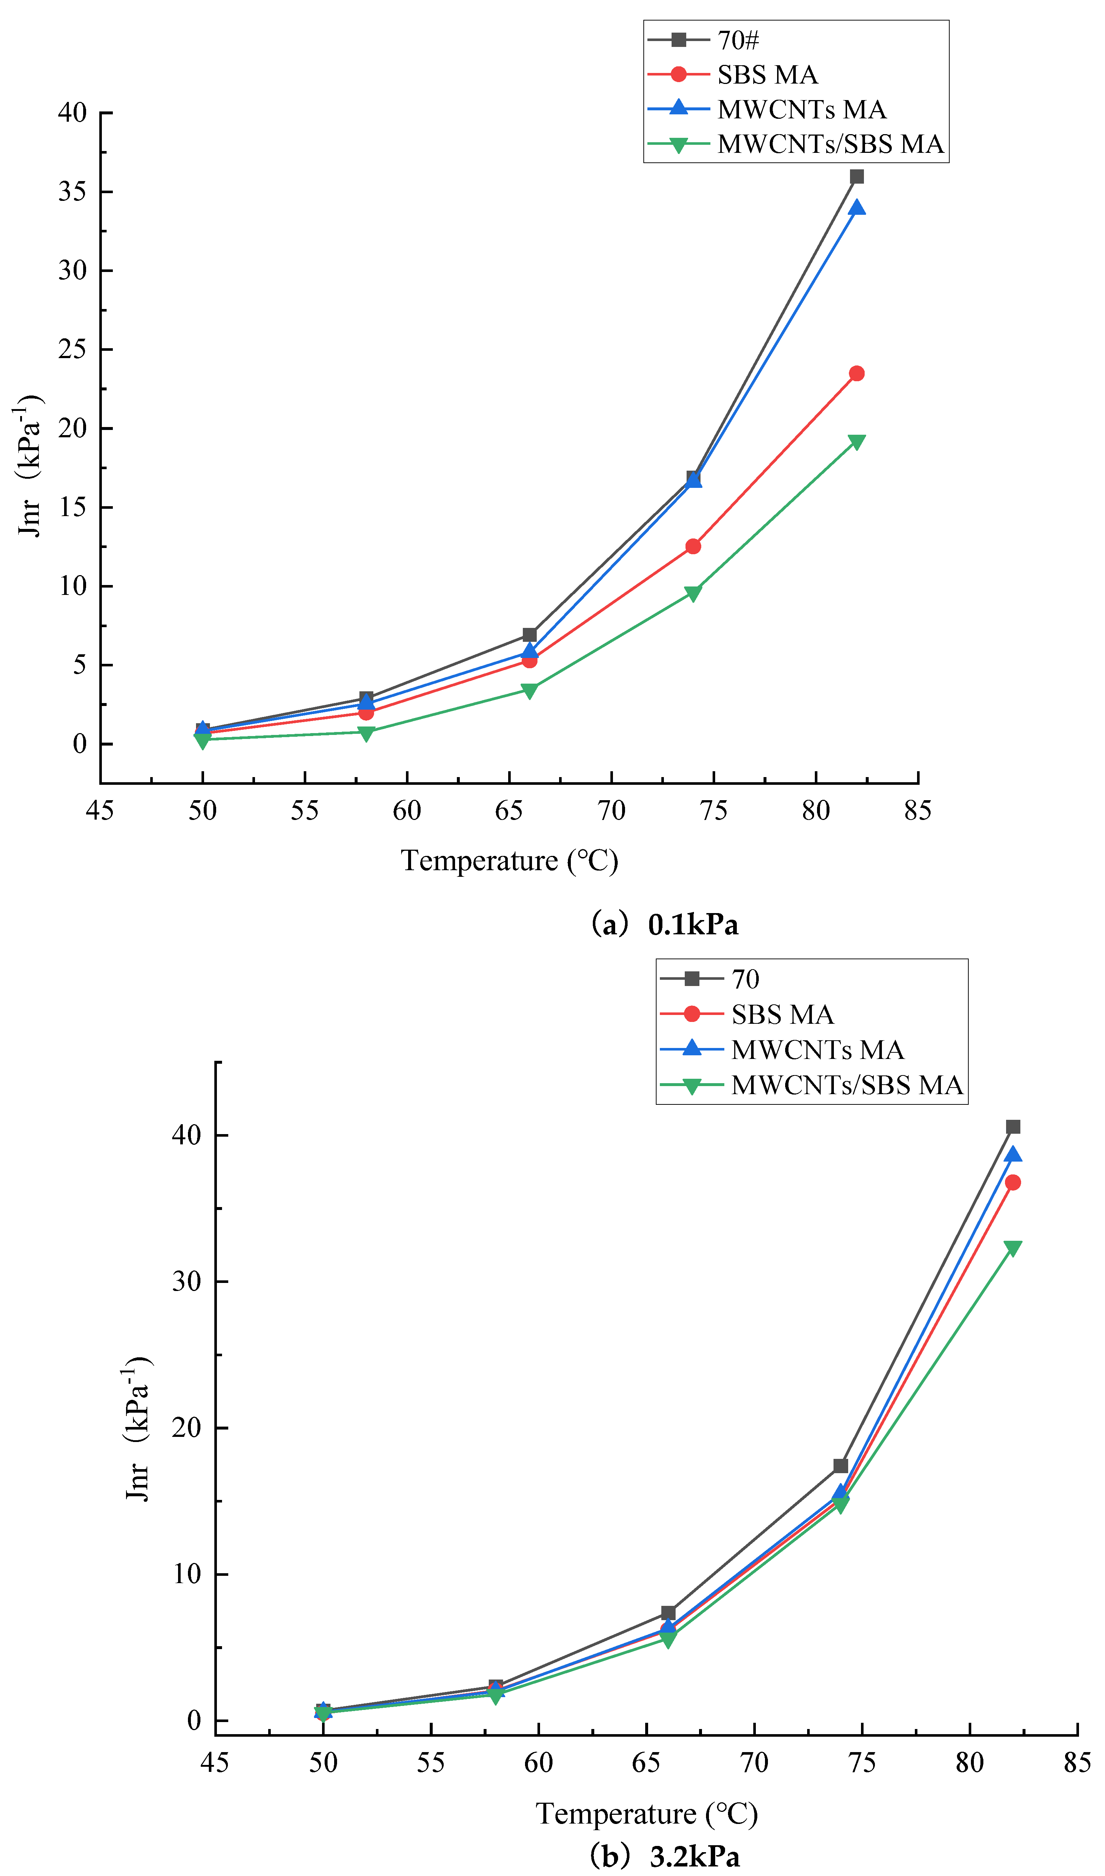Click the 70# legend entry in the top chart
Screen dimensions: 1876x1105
737,40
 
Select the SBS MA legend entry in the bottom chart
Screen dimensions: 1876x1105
782,1014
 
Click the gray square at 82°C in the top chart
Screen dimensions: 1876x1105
856,177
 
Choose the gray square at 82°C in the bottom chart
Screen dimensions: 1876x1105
1013,1127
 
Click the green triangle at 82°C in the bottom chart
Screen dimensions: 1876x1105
1013,1248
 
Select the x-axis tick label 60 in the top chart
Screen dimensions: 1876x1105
407,810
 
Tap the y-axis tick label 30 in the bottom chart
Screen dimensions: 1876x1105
187,1281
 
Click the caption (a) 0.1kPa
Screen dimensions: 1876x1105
664,924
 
